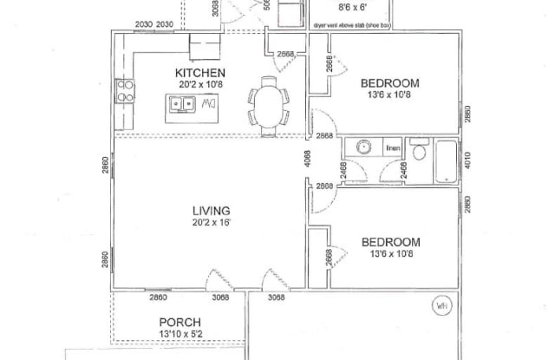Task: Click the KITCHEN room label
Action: point(200,72)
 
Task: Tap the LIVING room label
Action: point(211,211)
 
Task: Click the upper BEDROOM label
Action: point(389,83)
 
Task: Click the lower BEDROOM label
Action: point(389,241)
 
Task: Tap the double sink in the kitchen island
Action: point(182,105)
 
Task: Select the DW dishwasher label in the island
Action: point(208,105)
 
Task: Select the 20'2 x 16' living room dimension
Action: point(211,223)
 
